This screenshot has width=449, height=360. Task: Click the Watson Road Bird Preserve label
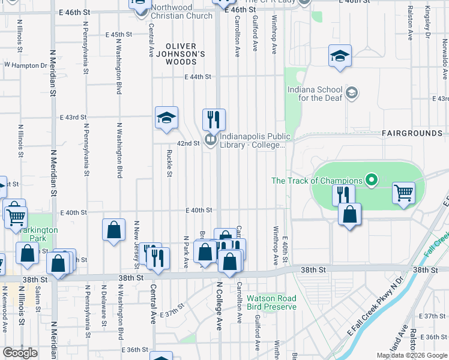(x=272, y=302)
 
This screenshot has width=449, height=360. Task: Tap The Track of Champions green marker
(x=372, y=180)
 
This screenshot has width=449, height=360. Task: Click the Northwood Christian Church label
(x=181, y=12)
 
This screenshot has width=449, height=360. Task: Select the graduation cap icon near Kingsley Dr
(x=340, y=56)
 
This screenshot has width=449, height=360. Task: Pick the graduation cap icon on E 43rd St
(x=166, y=117)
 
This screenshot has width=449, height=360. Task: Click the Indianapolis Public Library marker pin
(x=210, y=140)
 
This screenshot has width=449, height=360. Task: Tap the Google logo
(x=20, y=353)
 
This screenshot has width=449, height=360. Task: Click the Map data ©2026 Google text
(x=412, y=355)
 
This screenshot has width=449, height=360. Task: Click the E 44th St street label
(x=198, y=77)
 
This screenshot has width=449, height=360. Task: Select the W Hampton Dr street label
(x=25, y=65)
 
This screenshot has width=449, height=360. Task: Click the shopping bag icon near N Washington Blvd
(x=113, y=230)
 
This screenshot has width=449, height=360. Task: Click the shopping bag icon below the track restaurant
(x=349, y=214)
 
